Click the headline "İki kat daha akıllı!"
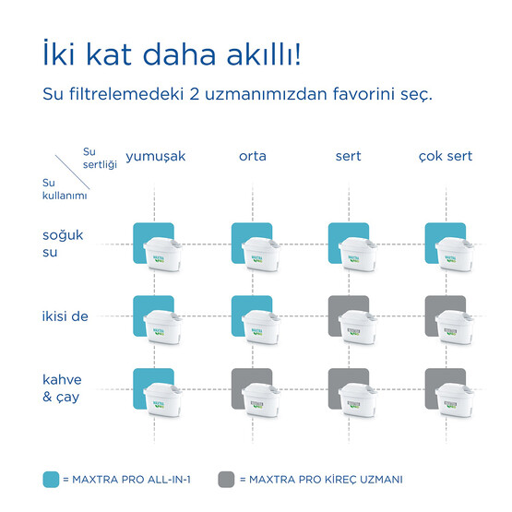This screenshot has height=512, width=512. coord(171,54)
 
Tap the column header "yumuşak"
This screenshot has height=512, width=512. coord(155,156)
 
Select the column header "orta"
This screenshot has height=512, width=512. coord(252,156)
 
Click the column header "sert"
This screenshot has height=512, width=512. coord(348,156)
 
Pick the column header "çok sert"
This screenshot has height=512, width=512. coord(446,156)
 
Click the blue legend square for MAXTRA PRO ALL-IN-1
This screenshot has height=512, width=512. coord(52,479)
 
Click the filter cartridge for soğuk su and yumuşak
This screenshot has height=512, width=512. coord(164,252)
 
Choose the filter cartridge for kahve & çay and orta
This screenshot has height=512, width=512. coord(261,398)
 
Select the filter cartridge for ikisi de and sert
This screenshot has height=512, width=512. coord(358,325)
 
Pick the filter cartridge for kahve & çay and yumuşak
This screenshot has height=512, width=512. coord(164,398)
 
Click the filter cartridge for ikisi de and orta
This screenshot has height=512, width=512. coord(261,325)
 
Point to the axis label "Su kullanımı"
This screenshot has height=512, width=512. coord(53,189)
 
